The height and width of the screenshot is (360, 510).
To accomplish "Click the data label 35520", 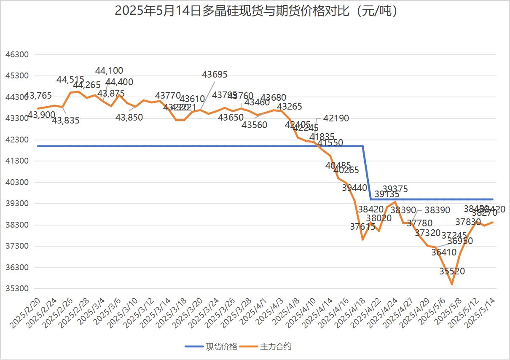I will click(452, 271).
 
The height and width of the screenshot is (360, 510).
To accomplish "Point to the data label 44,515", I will click(70, 79).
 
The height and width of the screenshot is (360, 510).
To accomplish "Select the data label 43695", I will click(215, 75).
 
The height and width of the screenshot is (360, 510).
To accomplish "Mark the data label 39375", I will click(395, 189).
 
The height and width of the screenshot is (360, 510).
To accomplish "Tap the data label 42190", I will click(336, 118).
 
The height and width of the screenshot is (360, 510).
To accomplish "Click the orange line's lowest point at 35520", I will click(452, 284).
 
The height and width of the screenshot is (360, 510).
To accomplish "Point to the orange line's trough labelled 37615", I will click(362, 239).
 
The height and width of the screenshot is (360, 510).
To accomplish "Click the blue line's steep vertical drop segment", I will click(367, 173).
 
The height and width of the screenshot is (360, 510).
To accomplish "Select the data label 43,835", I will click(66, 120).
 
